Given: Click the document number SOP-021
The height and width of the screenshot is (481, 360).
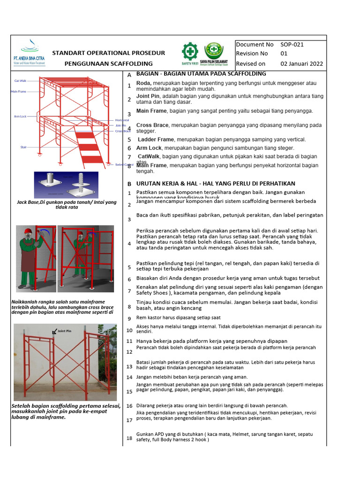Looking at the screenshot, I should pyautogui.click(x=292, y=45).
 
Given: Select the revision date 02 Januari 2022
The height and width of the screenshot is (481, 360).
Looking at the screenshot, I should pyautogui.click(x=301, y=63).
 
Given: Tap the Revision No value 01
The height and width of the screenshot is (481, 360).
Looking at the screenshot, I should pyautogui.click(x=284, y=54).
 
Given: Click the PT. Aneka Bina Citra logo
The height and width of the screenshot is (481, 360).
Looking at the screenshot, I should pyautogui.click(x=30, y=52).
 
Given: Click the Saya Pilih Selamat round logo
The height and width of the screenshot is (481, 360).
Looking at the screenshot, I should pyautogui.click(x=214, y=50).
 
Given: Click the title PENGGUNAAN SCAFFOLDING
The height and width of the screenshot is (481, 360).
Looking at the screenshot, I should pyautogui.click(x=108, y=63).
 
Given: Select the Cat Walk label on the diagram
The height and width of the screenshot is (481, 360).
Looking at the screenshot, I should pyautogui.click(x=20, y=81).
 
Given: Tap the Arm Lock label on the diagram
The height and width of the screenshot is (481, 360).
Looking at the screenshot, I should pyautogui.click(x=20, y=116).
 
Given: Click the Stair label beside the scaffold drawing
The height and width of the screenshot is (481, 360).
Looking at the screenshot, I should pyautogui.click(x=23, y=147).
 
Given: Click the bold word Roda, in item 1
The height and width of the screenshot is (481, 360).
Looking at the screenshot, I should pyautogui.click(x=143, y=83).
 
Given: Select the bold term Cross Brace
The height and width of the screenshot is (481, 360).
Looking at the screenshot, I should pyautogui.click(x=152, y=125).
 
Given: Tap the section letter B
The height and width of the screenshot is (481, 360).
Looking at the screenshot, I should pyautogui.click(x=129, y=184).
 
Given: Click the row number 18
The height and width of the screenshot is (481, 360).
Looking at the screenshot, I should pyautogui.click(x=129, y=438).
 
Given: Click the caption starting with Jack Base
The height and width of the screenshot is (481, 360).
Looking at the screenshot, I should pyautogui.click(x=66, y=205).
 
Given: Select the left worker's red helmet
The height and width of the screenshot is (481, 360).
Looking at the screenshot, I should pyautogui.click(x=28, y=231).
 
